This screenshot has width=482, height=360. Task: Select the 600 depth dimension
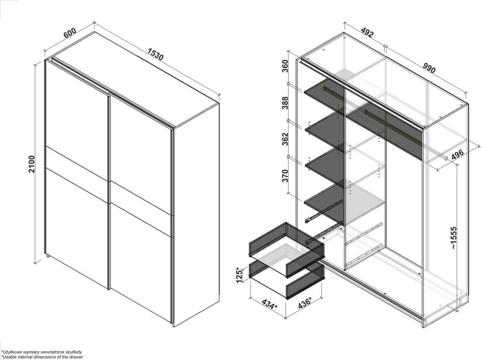point(70,33)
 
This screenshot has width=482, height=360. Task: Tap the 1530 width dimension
point(155,54)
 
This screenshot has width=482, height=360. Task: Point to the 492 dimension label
point(367,32)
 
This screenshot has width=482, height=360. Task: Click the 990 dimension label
point(429,68)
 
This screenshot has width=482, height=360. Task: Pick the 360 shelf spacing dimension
point(285,67)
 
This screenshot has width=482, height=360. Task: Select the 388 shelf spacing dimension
point(285,103)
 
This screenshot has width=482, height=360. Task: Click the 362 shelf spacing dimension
point(285,139)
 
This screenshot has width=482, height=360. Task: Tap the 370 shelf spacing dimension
point(285,176)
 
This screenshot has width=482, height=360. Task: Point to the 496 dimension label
point(458,155)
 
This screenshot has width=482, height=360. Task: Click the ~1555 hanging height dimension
point(454,238)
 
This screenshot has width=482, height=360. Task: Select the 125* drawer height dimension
point(239,275)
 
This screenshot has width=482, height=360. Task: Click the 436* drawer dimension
point(305,303)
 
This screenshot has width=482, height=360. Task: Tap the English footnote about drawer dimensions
point(42,357)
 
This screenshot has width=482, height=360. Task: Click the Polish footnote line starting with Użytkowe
point(42,352)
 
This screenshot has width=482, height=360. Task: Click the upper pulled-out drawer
point(287,249)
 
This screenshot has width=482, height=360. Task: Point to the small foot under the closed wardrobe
point(48,255)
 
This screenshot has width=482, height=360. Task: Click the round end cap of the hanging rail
point(445,158)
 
